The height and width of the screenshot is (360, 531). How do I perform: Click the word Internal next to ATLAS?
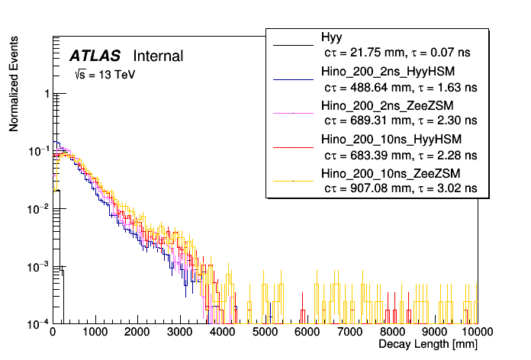click(x=158, y=56)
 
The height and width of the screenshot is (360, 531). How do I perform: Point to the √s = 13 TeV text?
click(x=105, y=76)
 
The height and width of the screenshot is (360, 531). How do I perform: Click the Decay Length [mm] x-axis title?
click(x=428, y=346)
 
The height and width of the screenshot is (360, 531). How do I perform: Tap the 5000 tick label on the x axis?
click(x=265, y=333)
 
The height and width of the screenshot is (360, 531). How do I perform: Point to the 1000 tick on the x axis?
click(x=95, y=333)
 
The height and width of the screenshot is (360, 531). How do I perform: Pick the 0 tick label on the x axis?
click(x=52, y=333)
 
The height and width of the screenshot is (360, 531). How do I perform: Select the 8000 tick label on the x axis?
click(x=392, y=333)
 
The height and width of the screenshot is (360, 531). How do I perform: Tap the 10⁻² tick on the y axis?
click(x=37, y=208)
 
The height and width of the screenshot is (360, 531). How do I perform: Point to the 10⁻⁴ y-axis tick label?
click(x=37, y=323)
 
